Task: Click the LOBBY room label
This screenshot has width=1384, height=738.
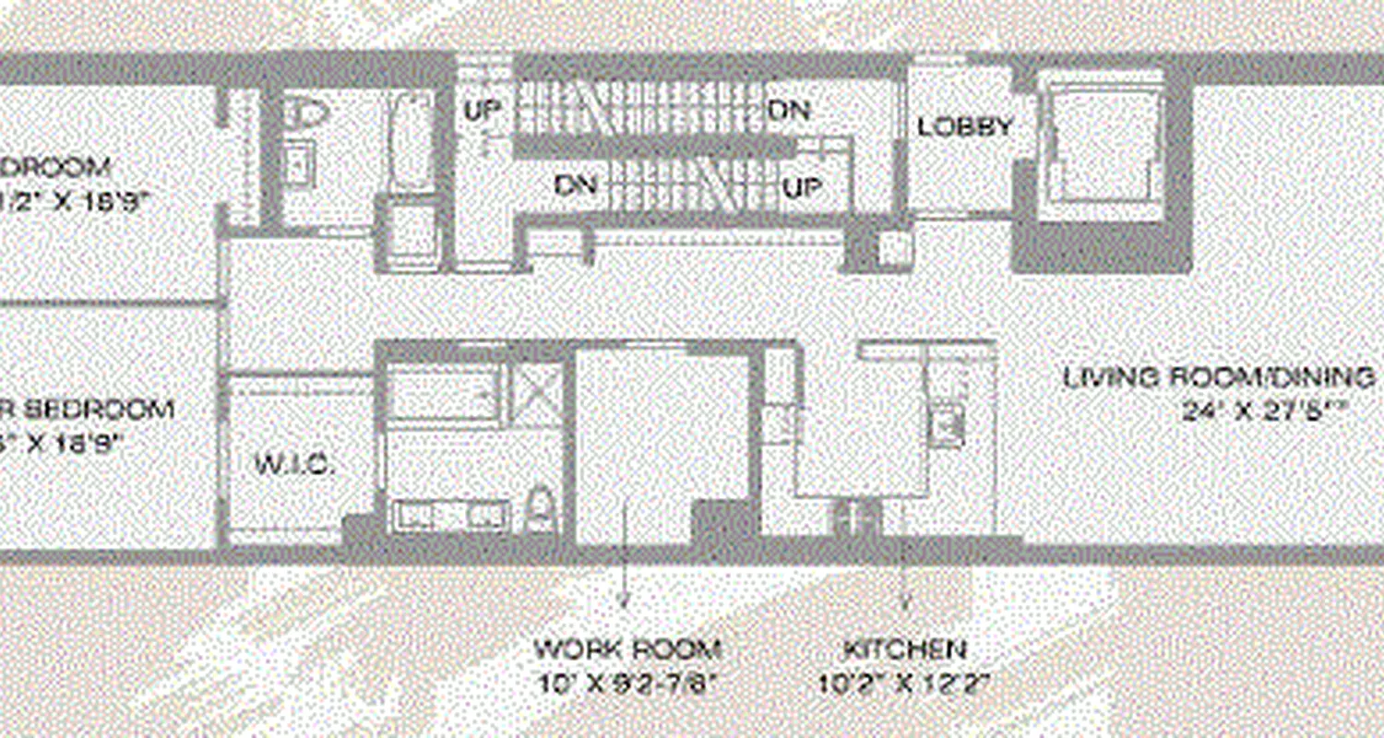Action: pyautogui.click(x=965, y=126)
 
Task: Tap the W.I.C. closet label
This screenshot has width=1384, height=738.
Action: pyautogui.click(x=294, y=464)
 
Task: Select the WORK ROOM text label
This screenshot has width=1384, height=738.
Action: pyautogui.click(x=627, y=649)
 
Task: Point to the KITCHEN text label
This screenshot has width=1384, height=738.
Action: pyautogui.click(x=904, y=649)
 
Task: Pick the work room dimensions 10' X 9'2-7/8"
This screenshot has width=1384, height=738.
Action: pyautogui.click(x=627, y=684)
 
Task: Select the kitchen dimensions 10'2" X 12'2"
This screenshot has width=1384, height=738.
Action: pyautogui.click(x=904, y=684)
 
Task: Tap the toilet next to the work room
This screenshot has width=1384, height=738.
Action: pyautogui.click(x=540, y=510)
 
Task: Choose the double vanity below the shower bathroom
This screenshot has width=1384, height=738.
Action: pyautogui.click(x=451, y=515)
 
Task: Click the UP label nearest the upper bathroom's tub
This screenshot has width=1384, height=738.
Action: pyautogui.click(x=482, y=111)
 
